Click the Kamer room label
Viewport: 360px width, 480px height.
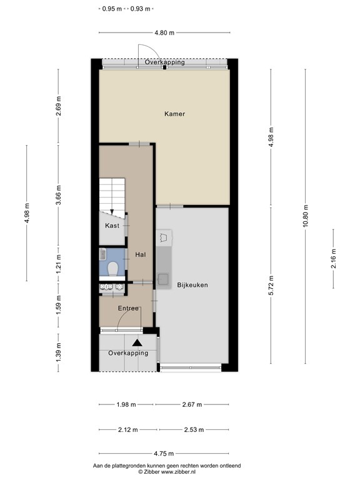click(174, 114)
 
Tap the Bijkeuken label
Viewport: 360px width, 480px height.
click(192, 285)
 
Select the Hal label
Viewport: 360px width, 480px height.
click(141, 254)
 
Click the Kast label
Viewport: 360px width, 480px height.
click(112, 226)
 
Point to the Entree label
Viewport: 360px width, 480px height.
click(128, 308)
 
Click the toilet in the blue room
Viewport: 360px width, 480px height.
click(112, 269)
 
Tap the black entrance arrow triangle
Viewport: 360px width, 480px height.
click(137, 343)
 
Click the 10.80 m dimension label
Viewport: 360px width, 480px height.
click(306, 216)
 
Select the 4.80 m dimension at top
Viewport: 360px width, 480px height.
click(164, 32)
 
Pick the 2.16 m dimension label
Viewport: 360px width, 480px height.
click(333, 259)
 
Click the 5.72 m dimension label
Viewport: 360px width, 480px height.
click(271, 285)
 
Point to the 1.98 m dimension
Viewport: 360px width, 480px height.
click(126, 405)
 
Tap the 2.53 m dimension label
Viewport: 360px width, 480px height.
click(194, 430)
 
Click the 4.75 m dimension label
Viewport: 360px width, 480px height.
click(164, 454)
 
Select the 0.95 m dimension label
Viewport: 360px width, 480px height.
click(112, 9)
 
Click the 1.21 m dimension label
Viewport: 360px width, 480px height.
click(59, 264)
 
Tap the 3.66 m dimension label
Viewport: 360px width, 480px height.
click(59, 195)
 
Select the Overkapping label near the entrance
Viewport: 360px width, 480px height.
click(128, 353)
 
